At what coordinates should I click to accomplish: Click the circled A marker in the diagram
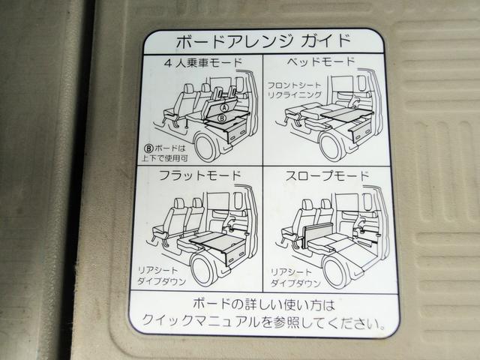pos(223,108)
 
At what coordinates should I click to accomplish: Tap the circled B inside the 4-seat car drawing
pos(222,118)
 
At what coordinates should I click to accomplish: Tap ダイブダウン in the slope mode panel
pos(293,284)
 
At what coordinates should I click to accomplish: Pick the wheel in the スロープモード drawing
pos(336,268)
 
